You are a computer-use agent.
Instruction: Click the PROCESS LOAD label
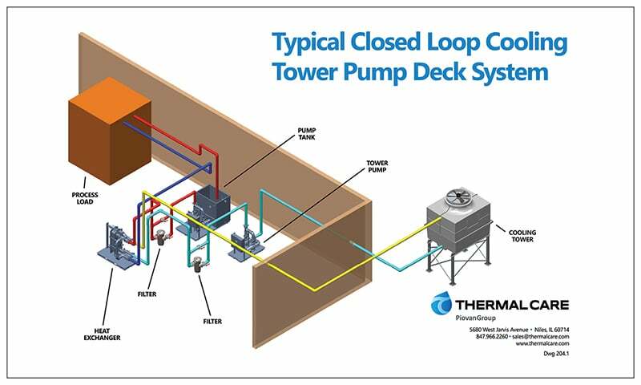pos(85,198)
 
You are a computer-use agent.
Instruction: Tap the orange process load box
pos(110,131)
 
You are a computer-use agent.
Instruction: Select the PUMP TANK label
pos(307,134)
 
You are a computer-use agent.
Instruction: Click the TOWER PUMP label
pos(377,166)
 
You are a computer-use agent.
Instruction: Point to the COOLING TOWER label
pos(522,236)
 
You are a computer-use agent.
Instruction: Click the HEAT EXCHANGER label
pos(103,334)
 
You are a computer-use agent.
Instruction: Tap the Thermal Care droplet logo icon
pos(441,303)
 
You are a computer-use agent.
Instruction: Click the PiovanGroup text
pos(475,318)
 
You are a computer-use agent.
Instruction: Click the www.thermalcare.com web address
pos(542,343)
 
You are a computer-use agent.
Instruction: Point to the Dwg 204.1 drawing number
pos(556,354)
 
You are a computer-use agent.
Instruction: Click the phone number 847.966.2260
pos(492,336)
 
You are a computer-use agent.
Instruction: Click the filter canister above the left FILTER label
pos(159,237)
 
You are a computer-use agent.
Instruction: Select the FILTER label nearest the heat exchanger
pos(147,294)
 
